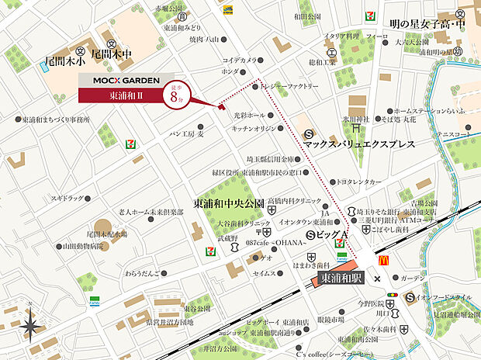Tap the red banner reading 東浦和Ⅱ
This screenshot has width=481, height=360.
click(x=120, y=95)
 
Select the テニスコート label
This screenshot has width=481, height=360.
click(x=455, y=133)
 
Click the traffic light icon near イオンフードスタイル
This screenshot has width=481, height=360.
click(x=392, y=295)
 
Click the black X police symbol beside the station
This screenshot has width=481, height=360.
click(x=376, y=279)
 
